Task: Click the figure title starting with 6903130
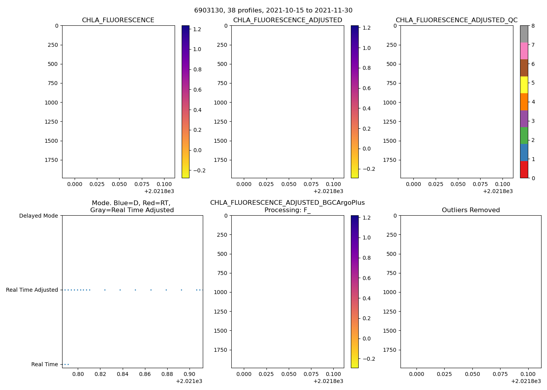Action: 273,11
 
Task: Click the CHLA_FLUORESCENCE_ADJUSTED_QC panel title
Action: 456,20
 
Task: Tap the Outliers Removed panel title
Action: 470,210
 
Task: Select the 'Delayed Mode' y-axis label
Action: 38,216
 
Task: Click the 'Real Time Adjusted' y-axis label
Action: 32,290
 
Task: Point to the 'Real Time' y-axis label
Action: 45,364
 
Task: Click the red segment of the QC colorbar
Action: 524,170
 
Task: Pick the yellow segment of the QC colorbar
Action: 524,85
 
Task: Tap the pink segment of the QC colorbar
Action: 524,51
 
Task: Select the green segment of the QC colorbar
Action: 524,135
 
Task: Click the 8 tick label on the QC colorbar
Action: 533,26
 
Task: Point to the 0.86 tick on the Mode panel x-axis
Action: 145,374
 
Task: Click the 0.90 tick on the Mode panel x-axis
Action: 189,374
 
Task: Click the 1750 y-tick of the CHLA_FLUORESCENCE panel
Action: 51,160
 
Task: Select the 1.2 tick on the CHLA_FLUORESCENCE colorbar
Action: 197,29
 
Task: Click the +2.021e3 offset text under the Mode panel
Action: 189,381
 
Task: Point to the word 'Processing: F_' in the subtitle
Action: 287,210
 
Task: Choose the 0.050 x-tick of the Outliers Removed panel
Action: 472,374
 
